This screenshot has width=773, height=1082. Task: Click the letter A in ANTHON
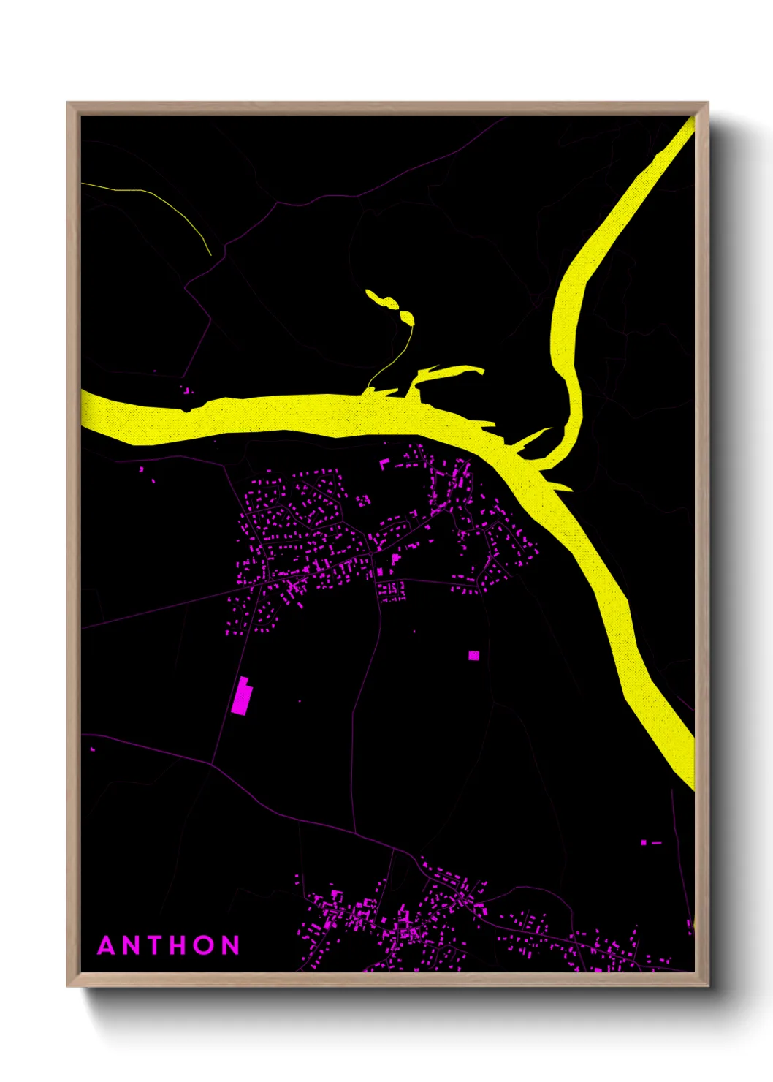point(107,945)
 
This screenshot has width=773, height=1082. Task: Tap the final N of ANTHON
point(231,945)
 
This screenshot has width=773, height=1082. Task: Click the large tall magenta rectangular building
point(240,697)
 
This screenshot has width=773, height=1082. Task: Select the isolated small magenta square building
point(473,656)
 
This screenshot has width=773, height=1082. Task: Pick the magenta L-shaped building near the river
point(384,463)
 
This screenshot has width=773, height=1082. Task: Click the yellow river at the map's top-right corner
point(676,146)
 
